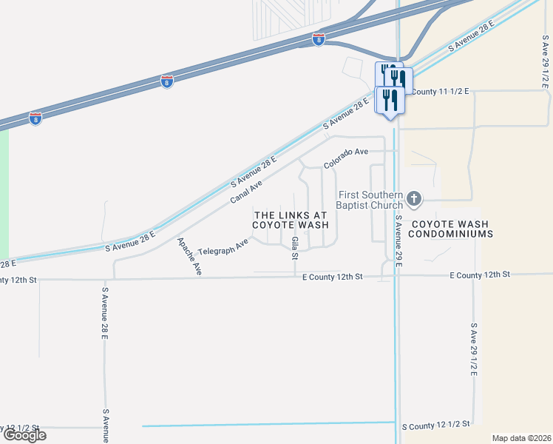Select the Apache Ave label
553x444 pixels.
189,257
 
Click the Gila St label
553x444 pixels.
294,249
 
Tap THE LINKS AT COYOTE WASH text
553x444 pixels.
291,219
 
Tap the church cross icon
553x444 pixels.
414,198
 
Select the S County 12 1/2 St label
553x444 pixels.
436,425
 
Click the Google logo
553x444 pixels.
24,435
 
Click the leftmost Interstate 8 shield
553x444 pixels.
35,118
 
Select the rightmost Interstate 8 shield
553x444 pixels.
318,38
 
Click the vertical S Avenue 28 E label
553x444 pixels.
106,313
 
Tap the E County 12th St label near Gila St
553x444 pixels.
333,276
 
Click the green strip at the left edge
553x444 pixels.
4,192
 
